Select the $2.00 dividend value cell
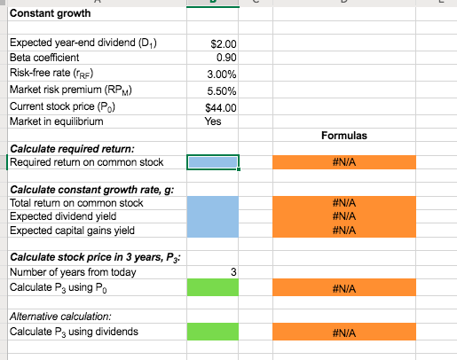[x=223, y=43]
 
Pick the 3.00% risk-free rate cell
[x=222, y=75]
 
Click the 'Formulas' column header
[x=343, y=136]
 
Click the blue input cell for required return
[x=213, y=161]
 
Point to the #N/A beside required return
[x=343, y=162]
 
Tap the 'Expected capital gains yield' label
[x=72, y=231]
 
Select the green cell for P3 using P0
[x=213, y=288]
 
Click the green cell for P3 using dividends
[x=213, y=332]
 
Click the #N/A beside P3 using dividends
[x=343, y=333]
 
